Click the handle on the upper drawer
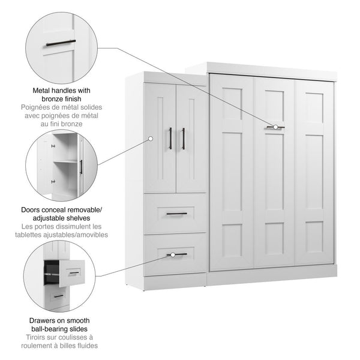176,214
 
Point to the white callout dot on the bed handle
275,127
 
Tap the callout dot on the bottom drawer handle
172,255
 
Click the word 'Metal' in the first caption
44,89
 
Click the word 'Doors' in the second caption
32,210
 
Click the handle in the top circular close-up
58,42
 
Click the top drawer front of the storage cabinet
175,214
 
